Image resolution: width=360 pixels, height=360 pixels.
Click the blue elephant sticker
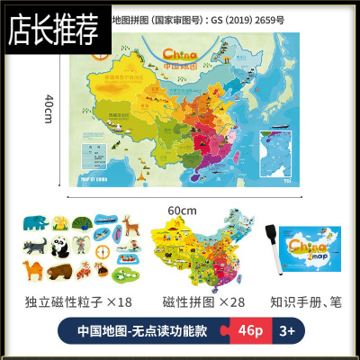(35, 224)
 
